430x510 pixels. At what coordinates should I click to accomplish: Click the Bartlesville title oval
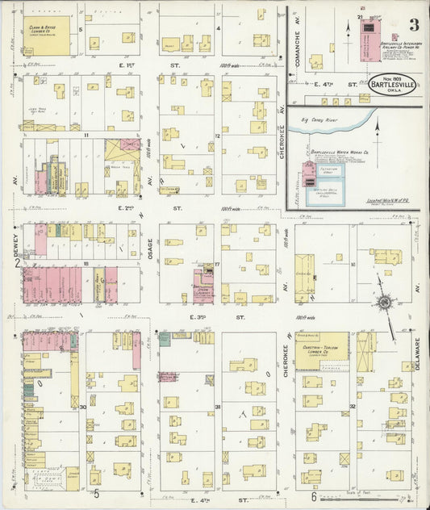click(394, 85)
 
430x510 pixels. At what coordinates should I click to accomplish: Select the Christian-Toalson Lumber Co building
click(321, 351)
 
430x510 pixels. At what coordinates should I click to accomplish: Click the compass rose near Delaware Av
click(385, 303)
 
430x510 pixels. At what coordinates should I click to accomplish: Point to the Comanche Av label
click(297, 32)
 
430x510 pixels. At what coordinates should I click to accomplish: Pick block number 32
click(353, 407)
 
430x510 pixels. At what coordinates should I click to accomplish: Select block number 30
click(83, 407)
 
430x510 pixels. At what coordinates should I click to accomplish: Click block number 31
click(218, 407)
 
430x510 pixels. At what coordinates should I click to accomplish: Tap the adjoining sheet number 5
click(96, 493)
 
